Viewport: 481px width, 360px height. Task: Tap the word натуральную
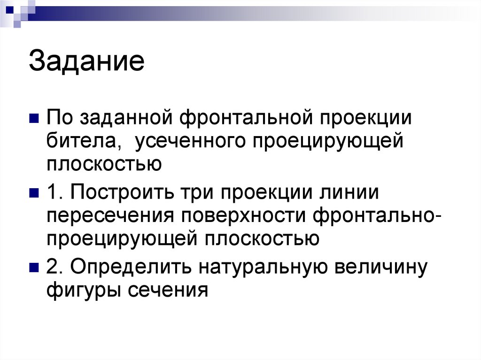pos(257,267)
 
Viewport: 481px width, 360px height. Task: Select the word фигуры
pos(83,291)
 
